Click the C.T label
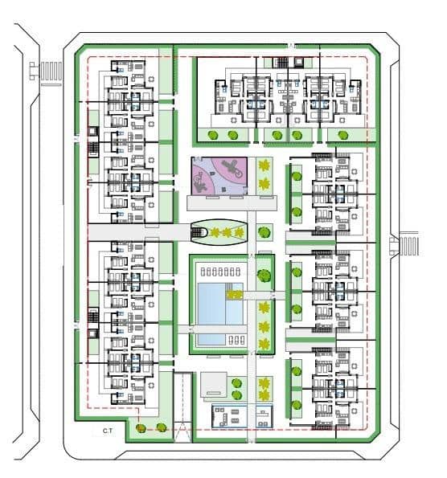(107, 432)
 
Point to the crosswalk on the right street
(409, 245)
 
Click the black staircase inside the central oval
(199, 233)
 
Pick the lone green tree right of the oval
(263, 233)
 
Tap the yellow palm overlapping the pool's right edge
(235, 295)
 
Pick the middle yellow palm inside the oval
(227, 233)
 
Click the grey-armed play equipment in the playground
(230, 168)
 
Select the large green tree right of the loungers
(263, 274)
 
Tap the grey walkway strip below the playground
(219, 202)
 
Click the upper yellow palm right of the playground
(265, 166)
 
